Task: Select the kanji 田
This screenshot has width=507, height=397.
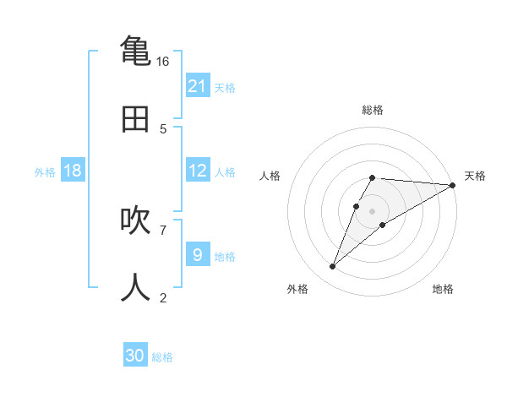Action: tap(136, 118)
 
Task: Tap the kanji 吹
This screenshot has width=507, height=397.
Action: tap(136, 220)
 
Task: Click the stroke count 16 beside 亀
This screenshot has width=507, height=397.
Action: tap(162, 62)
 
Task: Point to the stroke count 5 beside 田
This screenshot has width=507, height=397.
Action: tap(162, 128)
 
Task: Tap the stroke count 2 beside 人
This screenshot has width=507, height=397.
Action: tap(162, 297)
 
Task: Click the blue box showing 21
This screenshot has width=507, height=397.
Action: tap(197, 85)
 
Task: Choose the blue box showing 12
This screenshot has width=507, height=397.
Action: tap(197, 171)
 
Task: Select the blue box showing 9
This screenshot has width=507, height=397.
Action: tap(197, 254)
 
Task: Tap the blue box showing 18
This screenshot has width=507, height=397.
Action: tap(73, 171)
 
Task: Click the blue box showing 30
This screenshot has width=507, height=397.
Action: tap(135, 356)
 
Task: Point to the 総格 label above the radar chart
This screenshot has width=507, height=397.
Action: tap(373, 110)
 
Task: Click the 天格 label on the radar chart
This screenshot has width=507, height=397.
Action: tap(475, 176)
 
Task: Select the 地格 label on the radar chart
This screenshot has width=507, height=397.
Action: tap(443, 289)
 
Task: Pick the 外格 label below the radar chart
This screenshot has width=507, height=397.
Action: tap(297, 289)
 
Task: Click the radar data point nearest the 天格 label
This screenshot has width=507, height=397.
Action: tap(453, 185)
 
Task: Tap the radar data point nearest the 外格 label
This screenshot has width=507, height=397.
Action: tap(332, 267)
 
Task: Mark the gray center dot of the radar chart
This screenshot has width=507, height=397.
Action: tap(373, 211)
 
